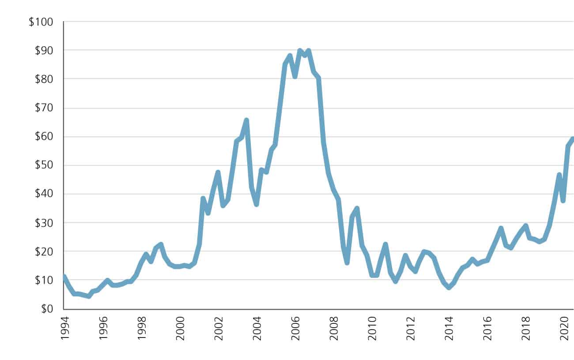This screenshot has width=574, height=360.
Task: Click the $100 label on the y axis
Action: click(x=41, y=22)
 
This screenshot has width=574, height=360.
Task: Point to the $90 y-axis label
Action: click(x=43, y=50)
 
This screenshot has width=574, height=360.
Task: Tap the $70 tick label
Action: click(x=43, y=108)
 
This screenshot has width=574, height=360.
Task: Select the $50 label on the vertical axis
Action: click(x=43, y=165)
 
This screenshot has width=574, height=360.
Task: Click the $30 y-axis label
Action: click(x=43, y=223)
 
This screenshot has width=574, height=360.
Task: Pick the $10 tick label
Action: click(x=43, y=280)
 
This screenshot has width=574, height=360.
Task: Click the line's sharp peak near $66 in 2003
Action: click(x=246, y=120)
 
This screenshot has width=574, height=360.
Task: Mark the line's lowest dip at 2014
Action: click(x=449, y=287)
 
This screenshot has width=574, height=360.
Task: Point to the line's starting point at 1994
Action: click(x=64, y=277)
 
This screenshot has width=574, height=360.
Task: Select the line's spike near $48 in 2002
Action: click(x=218, y=172)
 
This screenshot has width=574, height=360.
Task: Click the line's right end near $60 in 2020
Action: click(x=572, y=139)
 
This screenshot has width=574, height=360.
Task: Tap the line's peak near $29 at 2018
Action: click(x=525, y=226)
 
